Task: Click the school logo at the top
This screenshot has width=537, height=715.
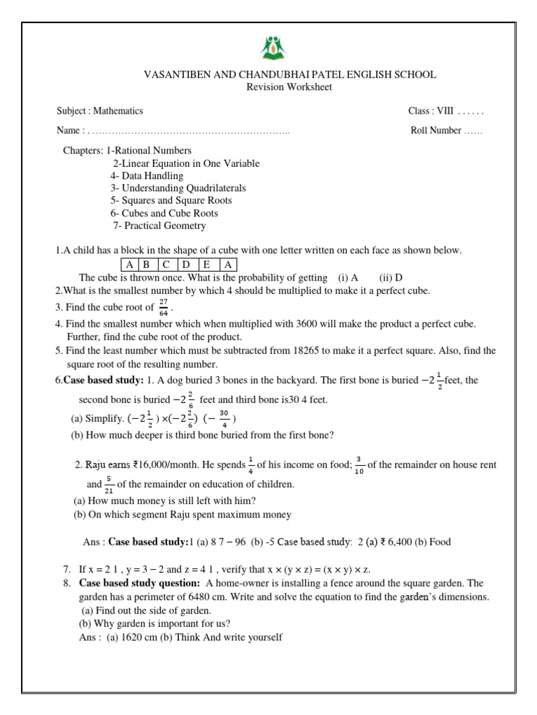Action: pyautogui.click(x=268, y=49)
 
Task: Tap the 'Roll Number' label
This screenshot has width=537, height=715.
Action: pyautogui.click(x=436, y=130)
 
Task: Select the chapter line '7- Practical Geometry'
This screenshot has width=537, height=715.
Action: pyautogui.click(x=159, y=226)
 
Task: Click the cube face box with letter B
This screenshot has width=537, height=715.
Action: pyautogui.click(x=148, y=265)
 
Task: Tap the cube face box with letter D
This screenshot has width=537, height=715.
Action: pyautogui.click(x=187, y=265)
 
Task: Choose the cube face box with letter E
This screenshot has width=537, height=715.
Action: pyautogui.click(x=207, y=265)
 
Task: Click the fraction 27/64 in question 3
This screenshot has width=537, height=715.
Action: pyautogui.click(x=164, y=308)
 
